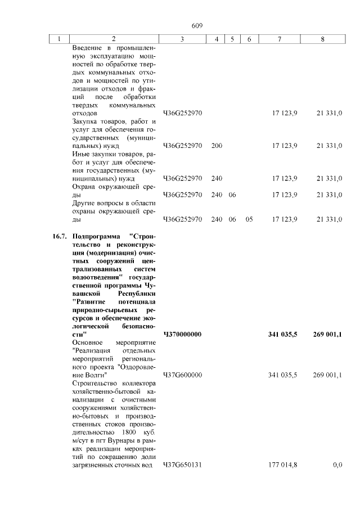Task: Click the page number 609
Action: coord(196,26)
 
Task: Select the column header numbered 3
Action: coord(182,39)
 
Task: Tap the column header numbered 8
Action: coord(322,39)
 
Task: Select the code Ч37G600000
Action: coord(182,375)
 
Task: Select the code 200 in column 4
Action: coord(217,146)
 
